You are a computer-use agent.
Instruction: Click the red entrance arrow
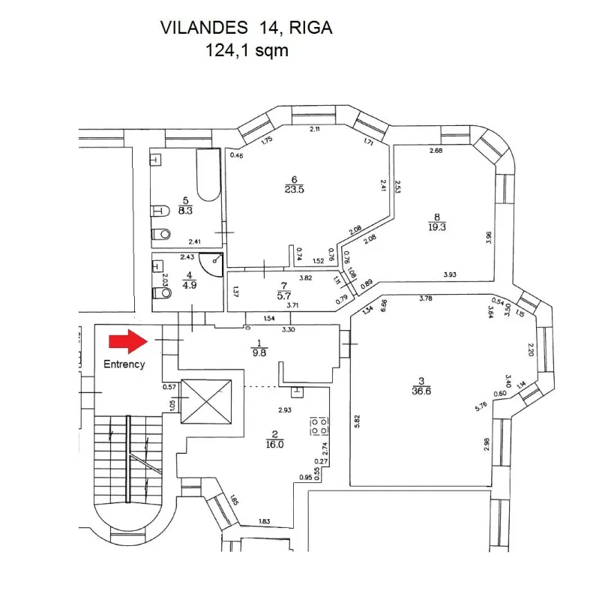(x=127, y=342)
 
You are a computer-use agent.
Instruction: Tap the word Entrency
(x=124, y=364)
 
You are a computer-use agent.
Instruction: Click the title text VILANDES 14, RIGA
(x=247, y=28)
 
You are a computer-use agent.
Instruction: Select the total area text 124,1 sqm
(x=247, y=50)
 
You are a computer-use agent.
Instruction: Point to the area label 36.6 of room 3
(x=419, y=390)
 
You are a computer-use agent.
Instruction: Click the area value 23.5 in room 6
(x=294, y=189)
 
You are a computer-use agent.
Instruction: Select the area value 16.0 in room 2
(x=274, y=443)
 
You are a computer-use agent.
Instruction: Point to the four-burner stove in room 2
(x=317, y=426)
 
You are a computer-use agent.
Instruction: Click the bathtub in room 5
(x=207, y=176)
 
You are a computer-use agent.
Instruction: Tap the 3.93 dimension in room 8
(x=449, y=274)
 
